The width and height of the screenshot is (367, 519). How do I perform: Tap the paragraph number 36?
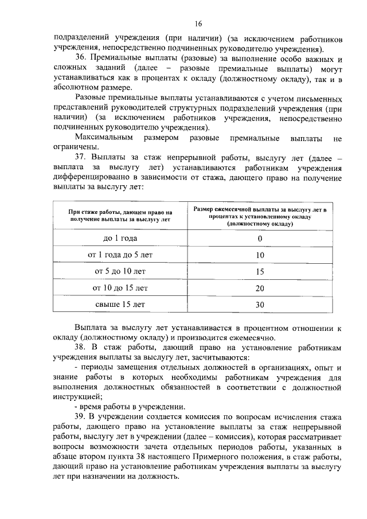coord(82,60)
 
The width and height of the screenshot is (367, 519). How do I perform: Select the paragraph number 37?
coord(82,157)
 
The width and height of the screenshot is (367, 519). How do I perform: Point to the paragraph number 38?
coord(82,349)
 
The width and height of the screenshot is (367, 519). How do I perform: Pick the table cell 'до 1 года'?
coord(120,238)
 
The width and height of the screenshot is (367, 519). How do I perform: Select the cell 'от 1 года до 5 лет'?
coord(120,255)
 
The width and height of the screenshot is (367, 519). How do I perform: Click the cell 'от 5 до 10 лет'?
coord(120,271)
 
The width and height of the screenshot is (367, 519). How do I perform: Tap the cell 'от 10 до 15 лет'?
coord(120,288)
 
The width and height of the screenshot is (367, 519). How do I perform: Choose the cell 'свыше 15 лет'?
coord(120,305)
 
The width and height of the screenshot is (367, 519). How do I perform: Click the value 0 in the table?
coord(260,239)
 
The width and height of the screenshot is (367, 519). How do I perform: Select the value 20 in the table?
coord(260,288)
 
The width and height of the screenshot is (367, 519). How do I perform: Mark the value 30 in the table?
coord(260,305)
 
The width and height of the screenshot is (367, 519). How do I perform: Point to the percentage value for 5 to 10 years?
coord(260,272)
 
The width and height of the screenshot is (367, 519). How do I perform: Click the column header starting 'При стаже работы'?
coord(120,216)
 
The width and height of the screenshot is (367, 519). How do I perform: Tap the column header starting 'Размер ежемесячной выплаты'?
coord(260,216)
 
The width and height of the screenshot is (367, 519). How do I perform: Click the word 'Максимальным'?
coord(104,138)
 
